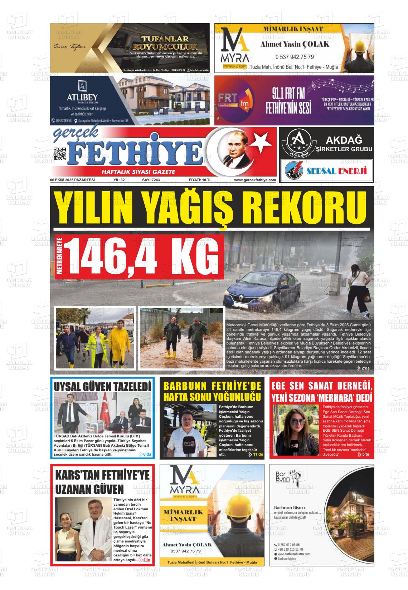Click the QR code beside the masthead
coord(60,154)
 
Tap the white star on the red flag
coord(261,142)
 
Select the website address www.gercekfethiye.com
coord(255,180)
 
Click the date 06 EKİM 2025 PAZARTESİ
coord(72,180)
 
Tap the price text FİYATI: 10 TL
coord(200,180)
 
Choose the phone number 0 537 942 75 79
coord(295,57)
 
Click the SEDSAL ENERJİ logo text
coord(337,171)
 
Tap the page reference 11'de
coord(258,455)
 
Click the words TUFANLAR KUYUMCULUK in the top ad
coord(165,43)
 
